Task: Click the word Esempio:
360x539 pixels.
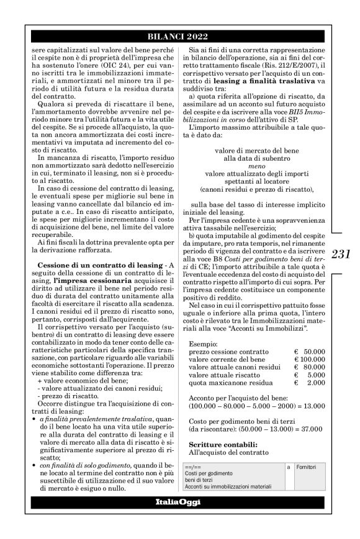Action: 203,343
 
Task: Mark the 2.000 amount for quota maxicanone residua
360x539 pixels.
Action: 317,383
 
